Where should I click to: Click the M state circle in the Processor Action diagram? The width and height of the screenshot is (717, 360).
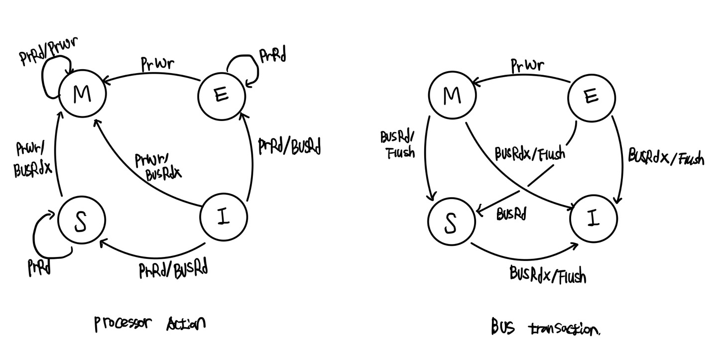[x=83, y=93]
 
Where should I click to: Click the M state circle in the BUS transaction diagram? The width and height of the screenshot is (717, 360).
[x=452, y=95]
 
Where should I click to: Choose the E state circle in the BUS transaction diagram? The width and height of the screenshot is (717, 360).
[x=591, y=97]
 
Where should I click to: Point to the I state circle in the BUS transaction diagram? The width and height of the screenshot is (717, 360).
[x=594, y=219]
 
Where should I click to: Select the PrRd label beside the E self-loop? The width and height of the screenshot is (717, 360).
[x=273, y=56]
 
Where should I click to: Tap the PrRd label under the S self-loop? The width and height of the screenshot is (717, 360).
[x=39, y=267]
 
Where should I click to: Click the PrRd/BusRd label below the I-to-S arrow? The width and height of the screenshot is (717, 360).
[x=173, y=269]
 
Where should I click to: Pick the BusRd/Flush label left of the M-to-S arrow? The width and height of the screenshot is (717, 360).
[x=397, y=144]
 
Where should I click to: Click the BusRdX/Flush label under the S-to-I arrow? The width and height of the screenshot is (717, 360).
[x=547, y=274]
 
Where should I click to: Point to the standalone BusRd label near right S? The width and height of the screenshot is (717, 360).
[x=511, y=214]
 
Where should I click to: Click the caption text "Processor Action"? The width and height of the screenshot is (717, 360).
[x=149, y=324]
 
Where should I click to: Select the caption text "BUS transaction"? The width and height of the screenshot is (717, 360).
[x=545, y=328]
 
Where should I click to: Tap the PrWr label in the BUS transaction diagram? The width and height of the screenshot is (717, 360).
[x=527, y=65]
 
